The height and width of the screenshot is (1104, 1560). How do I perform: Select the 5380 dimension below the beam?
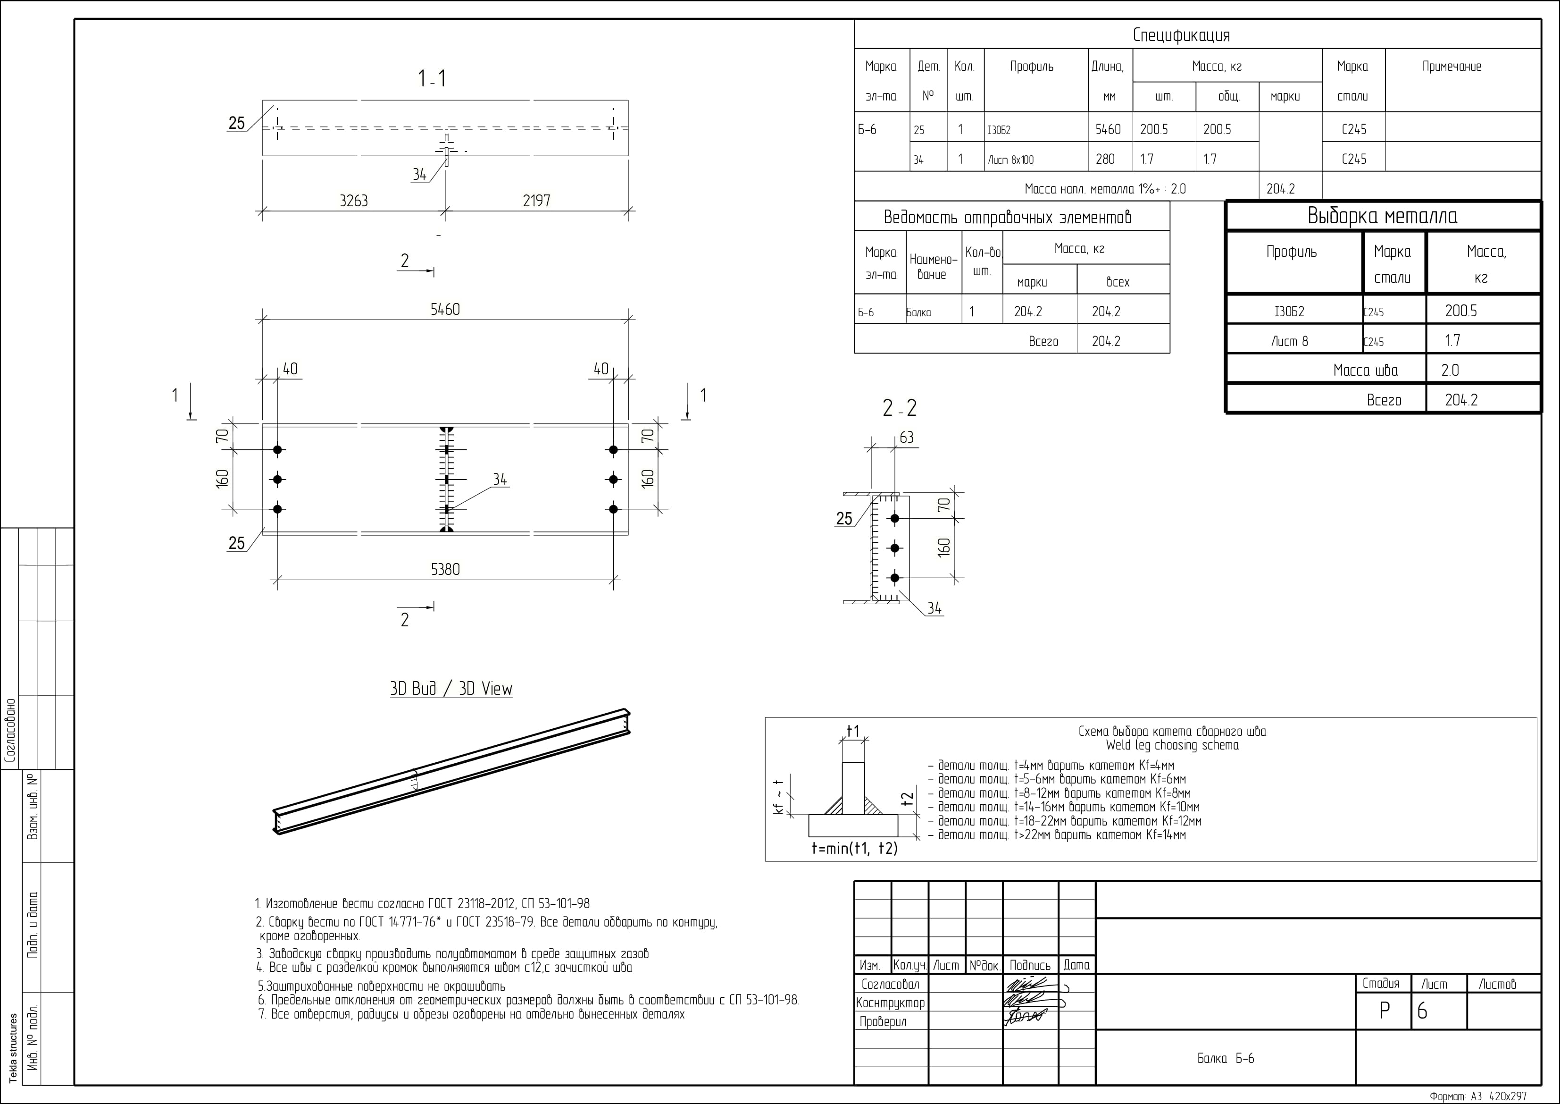click(445, 569)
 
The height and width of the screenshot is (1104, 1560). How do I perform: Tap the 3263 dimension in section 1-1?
click(353, 201)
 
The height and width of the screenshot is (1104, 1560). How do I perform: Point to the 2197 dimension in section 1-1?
click(536, 201)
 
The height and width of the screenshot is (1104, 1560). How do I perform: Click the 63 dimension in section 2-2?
click(906, 437)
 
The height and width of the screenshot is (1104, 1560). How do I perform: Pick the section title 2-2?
click(899, 408)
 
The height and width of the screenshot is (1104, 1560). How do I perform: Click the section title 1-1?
click(432, 79)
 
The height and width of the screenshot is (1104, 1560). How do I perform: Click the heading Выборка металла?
click(1382, 216)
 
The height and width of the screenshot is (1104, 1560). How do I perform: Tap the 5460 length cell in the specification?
click(1108, 129)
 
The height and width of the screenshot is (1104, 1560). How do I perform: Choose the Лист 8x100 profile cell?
click(1010, 160)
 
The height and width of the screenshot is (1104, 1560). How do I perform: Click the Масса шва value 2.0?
click(1450, 371)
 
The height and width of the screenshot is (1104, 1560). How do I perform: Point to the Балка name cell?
click(918, 313)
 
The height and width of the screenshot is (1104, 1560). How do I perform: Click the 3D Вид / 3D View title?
click(451, 689)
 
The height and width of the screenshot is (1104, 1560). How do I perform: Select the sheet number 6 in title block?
click(1422, 1011)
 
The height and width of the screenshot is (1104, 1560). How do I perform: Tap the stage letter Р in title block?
click(1385, 1011)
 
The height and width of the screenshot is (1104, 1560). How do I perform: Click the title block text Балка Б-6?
click(1225, 1059)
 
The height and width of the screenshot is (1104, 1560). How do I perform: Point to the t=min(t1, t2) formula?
click(854, 848)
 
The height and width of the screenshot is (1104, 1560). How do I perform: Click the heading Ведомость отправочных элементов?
click(1008, 218)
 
